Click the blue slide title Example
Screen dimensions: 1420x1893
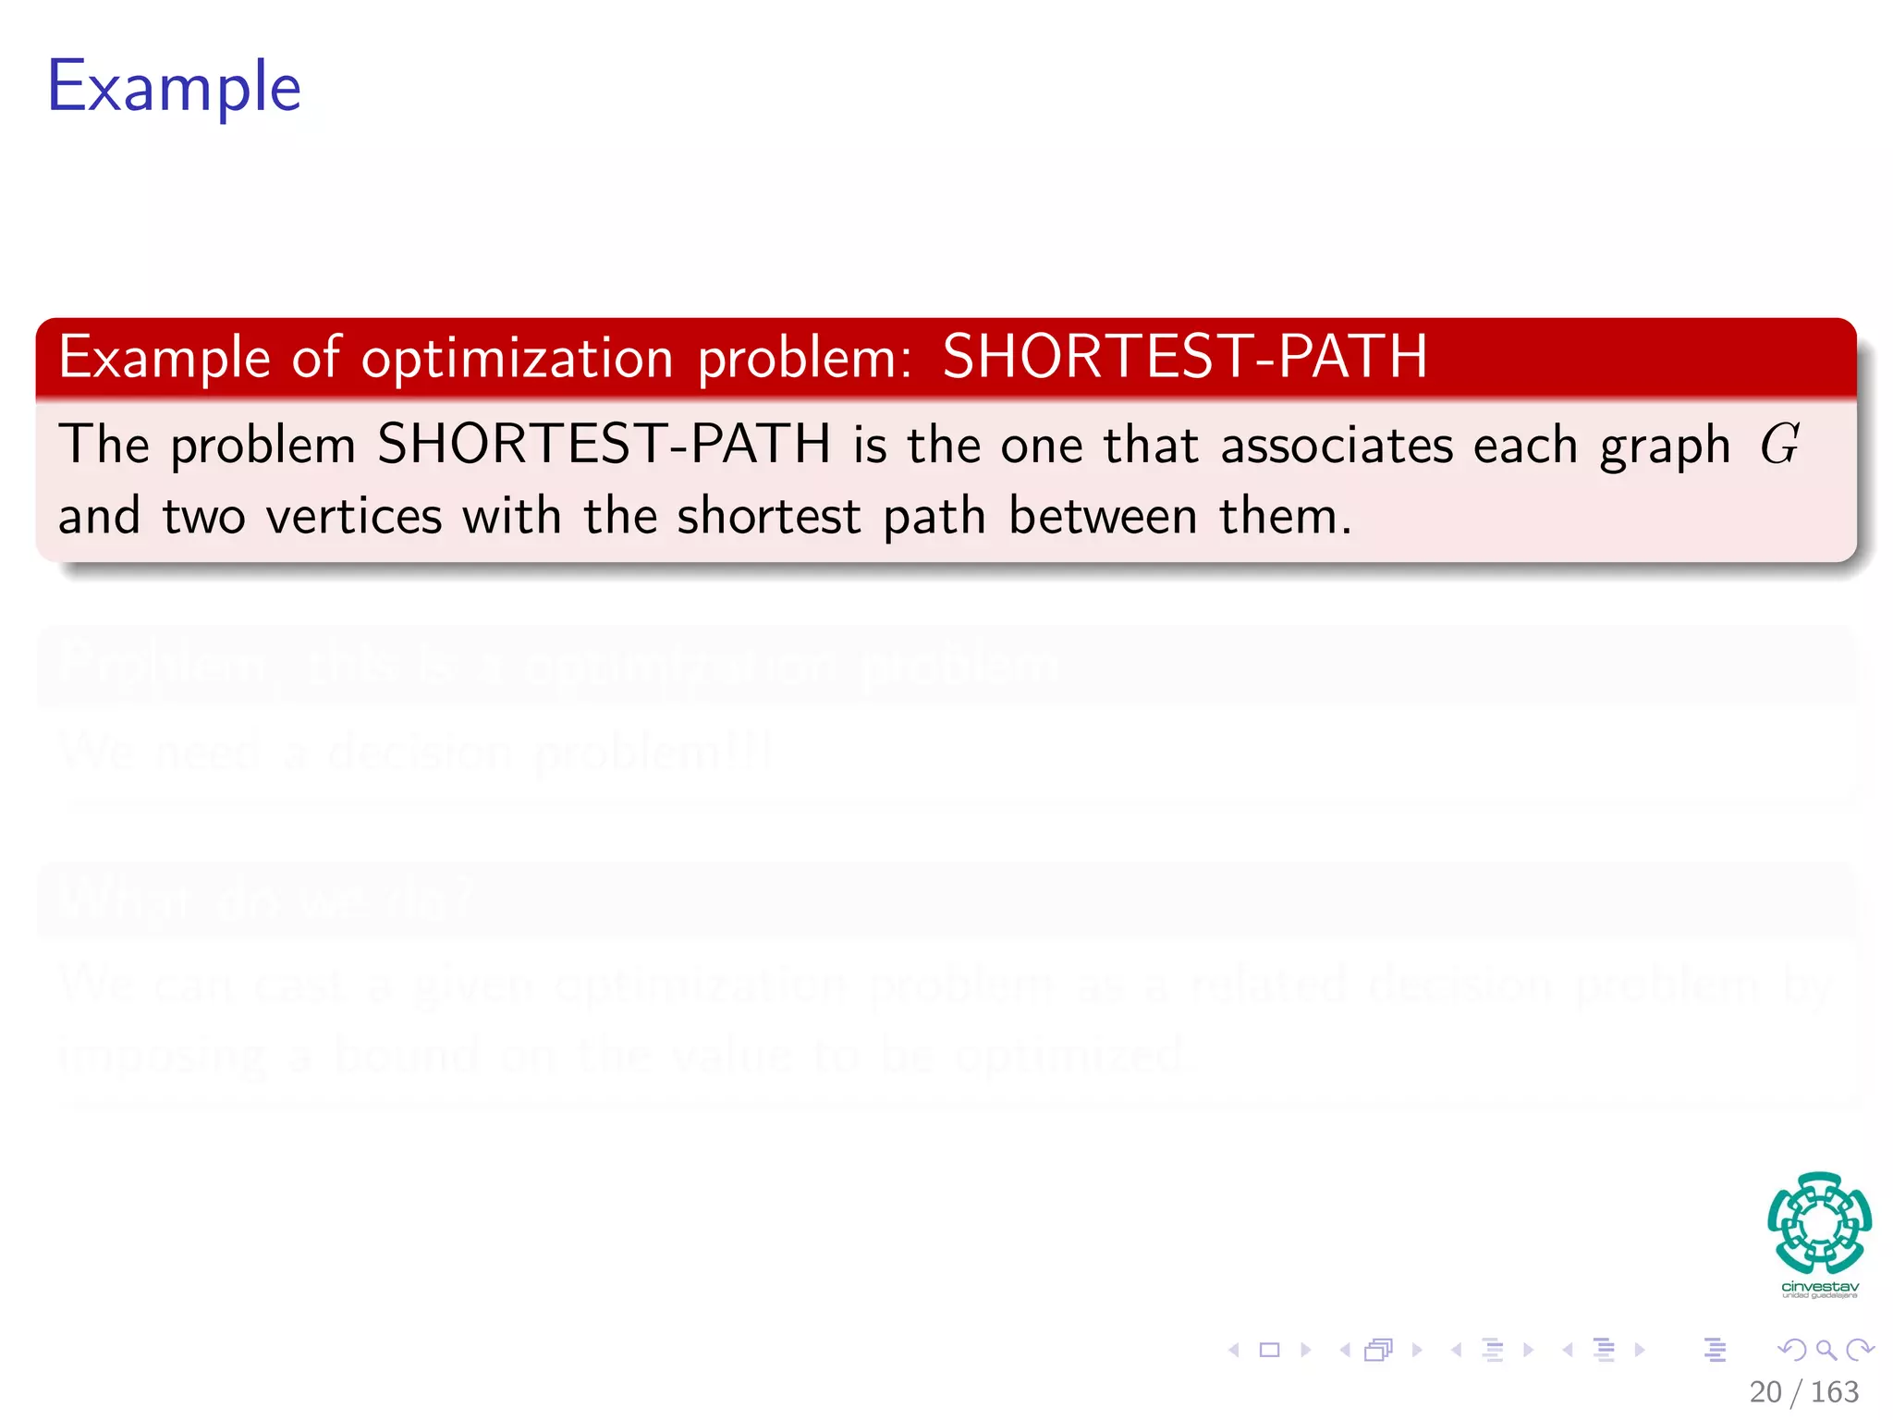coord(174,87)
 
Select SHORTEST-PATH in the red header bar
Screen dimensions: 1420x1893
coord(1184,357)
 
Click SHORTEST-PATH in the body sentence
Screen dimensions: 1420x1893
coord(604,444)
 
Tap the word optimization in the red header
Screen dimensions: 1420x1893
coord(517,359)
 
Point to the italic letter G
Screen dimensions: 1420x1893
coord(1779,444)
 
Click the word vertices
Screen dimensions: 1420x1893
coord(354,516)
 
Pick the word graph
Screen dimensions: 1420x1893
coord(1665,447)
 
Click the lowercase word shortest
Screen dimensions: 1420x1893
coord(769,516)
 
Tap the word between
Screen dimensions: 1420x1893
coord(1103,516)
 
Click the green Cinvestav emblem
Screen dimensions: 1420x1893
coord(1819,1222)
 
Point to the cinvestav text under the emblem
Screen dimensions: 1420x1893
coord(1819,1287)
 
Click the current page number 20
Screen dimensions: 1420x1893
coord(1765,1391)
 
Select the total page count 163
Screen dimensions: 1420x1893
coord(1834,1391)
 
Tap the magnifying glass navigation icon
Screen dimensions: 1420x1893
coord(1826,1351)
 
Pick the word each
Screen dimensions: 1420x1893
coord(1525,446)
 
